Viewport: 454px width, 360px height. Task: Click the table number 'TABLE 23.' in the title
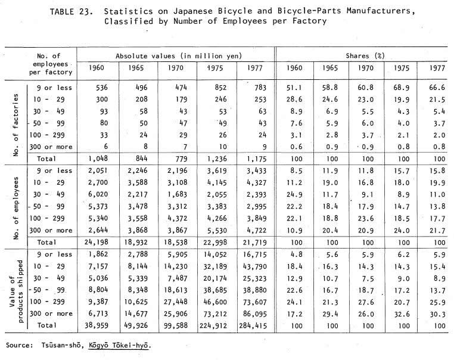click(x=71, y=11)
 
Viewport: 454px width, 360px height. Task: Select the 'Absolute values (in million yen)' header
click(x=179, y=56)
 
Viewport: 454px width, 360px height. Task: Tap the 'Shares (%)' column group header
click(x=365, y=56)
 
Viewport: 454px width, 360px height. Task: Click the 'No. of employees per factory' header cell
click(x=51, y=64)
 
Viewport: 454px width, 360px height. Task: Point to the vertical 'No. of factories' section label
click(x=16, y=125)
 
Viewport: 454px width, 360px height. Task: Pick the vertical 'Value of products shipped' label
click(x=16, y=291)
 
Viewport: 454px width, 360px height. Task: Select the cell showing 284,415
click(x=253, y=326)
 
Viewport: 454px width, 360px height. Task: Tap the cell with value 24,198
click(x=96, y=242)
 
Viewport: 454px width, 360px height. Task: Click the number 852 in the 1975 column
click(x=220, y=88)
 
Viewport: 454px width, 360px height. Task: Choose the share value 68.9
click(x=402, y=88)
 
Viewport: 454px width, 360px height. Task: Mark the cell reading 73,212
click(x=215, y=314)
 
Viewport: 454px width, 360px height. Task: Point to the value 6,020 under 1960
click(x=98, y=194)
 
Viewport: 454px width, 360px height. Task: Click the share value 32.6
click(x=402, y=314)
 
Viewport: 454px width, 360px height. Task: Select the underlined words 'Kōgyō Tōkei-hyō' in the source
click(x=119, y=345)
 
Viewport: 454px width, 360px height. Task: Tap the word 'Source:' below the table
click(x=20, y=345)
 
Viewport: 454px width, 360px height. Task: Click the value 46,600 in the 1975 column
click(x=215, y=302)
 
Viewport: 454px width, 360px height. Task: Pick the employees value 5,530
click(x=217, y=230)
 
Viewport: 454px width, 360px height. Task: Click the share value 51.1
click(x=294, y=88)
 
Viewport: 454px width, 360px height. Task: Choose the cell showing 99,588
click(x=175, y=326)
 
